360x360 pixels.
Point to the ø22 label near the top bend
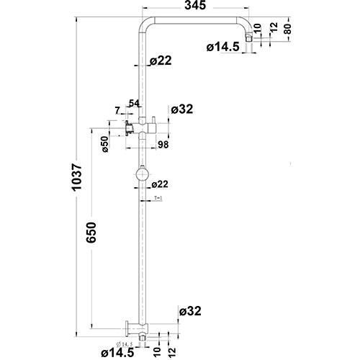click(x=161, y=62)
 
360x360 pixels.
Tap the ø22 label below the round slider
click(x=160, y=184)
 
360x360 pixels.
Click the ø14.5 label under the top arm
click(x=222, y=48)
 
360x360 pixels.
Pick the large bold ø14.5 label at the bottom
click(x=117, y=352)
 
